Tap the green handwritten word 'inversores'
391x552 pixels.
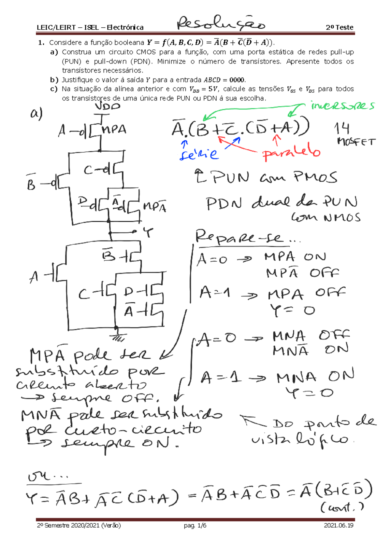(342, 106)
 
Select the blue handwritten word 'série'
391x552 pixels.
(199, 154)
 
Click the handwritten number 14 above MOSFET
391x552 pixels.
(341, 129)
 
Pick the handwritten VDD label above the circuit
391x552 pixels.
(108, 106)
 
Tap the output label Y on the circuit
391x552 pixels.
(148, 232)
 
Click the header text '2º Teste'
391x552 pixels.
(340, 27)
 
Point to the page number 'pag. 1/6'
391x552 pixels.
(195, 525)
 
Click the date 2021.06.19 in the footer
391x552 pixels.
(339, 525)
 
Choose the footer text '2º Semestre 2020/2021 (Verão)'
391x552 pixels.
(79, 525)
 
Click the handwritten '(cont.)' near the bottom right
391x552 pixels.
(342, 507)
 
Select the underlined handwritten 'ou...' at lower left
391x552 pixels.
(47, 477)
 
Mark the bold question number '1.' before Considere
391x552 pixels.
(41, 43)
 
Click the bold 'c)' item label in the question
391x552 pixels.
(54, 89)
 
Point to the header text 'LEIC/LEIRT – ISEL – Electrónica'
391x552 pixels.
(90, 27)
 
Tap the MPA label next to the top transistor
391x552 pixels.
(114, 130)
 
